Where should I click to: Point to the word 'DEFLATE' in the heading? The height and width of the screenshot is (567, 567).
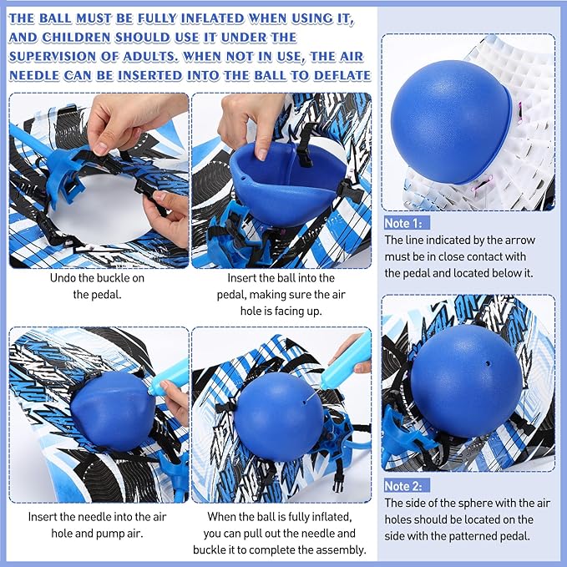coord(336,76)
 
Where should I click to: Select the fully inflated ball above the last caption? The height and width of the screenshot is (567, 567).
coord(278,413)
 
